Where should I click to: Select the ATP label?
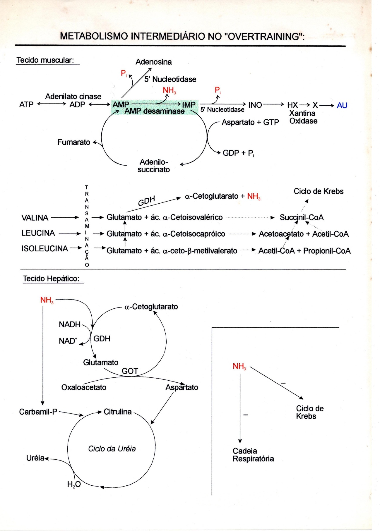26,104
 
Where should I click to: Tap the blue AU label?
342,105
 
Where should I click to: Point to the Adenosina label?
154,62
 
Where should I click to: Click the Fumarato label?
74,142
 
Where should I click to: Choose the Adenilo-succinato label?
154,166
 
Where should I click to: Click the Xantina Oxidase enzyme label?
303,117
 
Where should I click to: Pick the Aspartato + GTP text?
250,122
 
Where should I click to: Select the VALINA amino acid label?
35,218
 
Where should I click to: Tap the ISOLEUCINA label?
44,249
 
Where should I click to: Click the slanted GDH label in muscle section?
146,201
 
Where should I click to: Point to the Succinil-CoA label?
302,218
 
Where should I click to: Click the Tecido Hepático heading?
51,279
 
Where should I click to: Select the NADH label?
70,324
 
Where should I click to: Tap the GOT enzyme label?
130,371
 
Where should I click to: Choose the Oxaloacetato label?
84,388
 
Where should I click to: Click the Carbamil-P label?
38,412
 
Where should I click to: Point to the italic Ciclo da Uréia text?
112,449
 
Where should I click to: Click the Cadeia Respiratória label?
253,455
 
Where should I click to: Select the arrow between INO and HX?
273,104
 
